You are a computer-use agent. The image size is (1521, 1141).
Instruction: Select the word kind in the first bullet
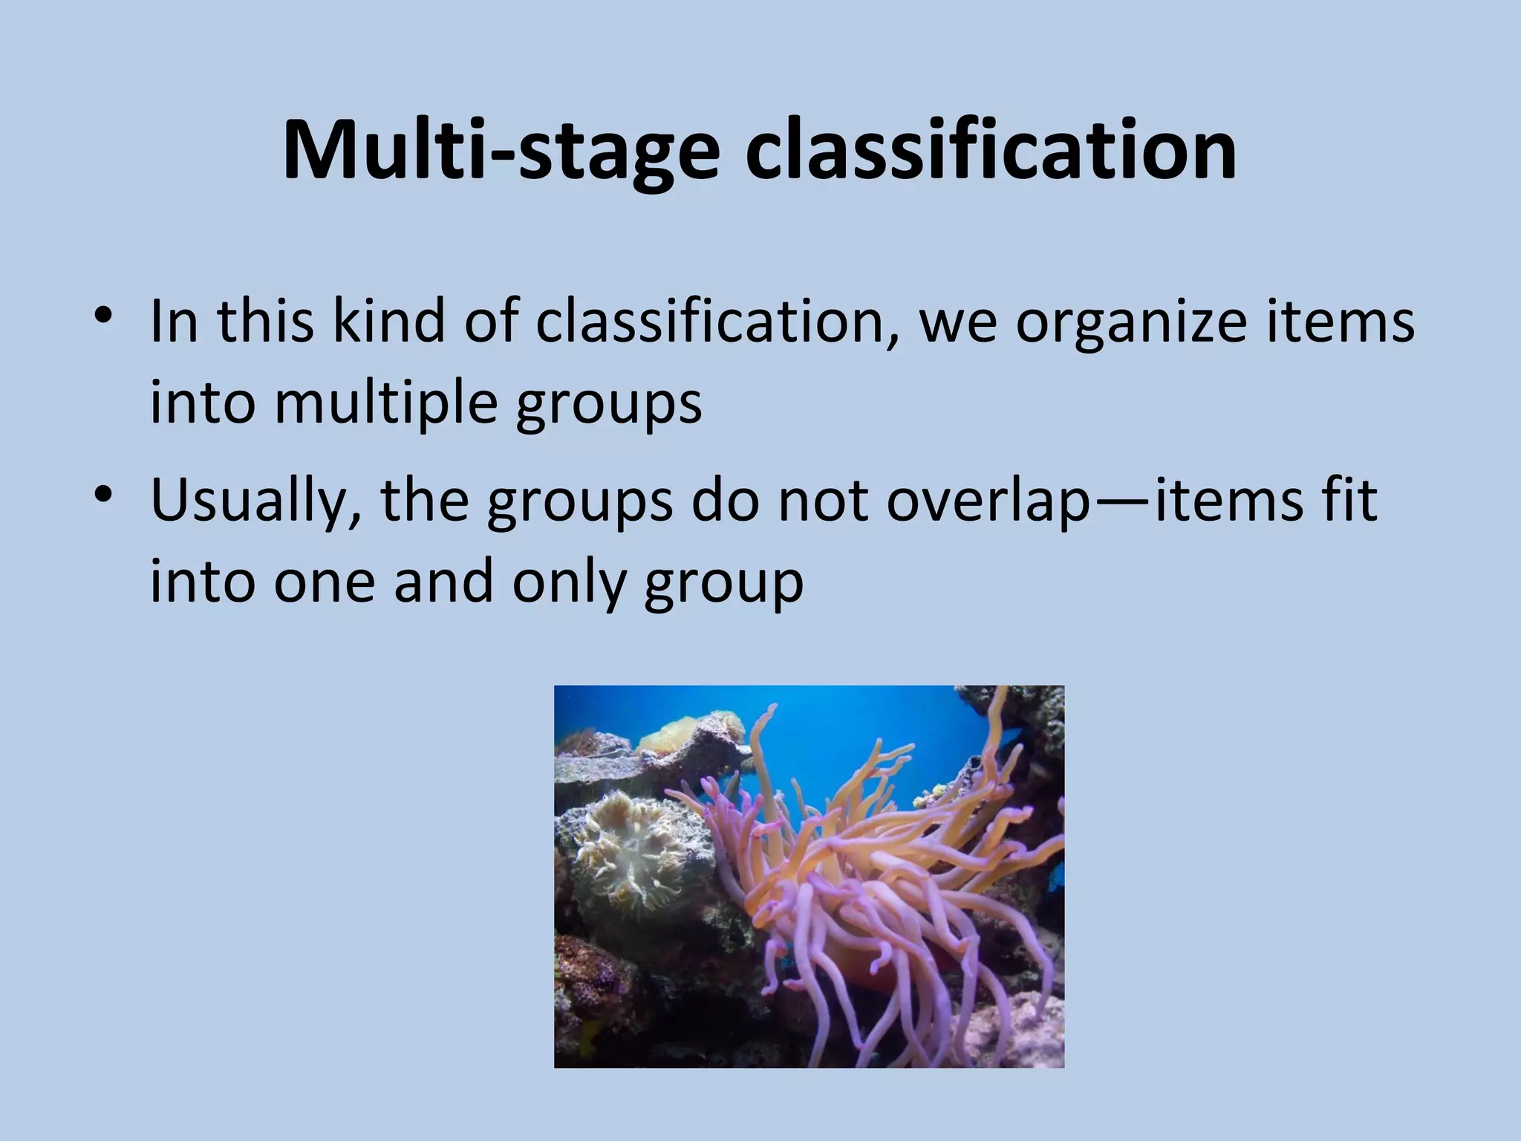(x=388, y=321)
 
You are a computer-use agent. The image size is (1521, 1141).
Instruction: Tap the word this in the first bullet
(x=265, y=321)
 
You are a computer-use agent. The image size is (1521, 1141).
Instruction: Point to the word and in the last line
(x=443, y=582)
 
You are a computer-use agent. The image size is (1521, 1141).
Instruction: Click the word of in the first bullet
(x=489, y=321)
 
